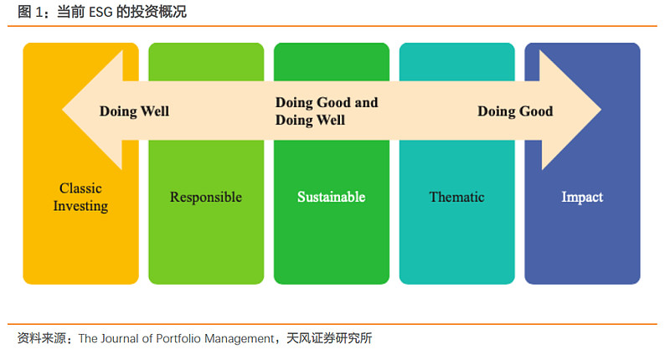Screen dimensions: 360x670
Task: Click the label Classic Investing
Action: (x=80, y=197)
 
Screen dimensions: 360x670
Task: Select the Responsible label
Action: (x=205, y=198)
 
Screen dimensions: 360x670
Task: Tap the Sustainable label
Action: (x=331, y=198)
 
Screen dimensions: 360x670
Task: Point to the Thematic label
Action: (x=456, y=198)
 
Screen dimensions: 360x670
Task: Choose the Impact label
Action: (x=582, y=198)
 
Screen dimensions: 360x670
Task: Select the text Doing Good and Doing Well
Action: (x=327, y=111)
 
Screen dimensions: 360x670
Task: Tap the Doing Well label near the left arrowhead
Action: (x=134, y=111)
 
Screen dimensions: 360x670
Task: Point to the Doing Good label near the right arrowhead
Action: (x=515, y=111)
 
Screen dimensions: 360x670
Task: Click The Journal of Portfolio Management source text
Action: (x=176, y=339)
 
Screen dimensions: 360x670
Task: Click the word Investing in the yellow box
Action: (x=80, y=206)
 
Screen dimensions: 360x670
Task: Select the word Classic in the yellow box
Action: (x=80, y=188)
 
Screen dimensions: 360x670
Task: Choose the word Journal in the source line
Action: (x=124, y=339)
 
